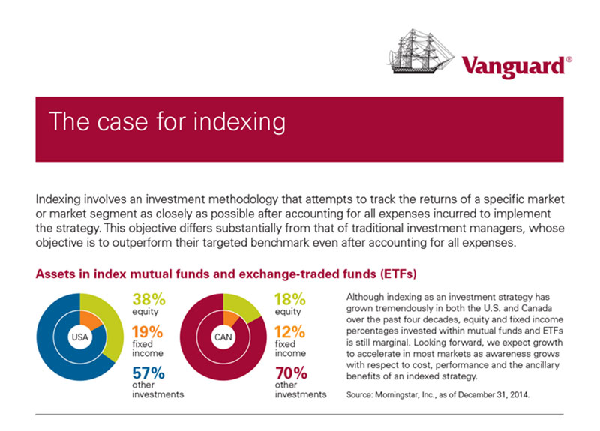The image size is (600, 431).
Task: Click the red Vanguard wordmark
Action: coord(513,67)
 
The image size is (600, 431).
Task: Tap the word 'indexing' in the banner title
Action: coord(239,122)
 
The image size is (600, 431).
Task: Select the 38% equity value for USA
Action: coord(148,299)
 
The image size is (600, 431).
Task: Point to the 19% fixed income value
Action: coord(147,332)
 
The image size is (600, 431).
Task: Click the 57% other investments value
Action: coord(148,373)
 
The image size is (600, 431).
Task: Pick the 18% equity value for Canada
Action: coord(290,299)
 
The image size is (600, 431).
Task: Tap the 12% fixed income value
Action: coord(289,332)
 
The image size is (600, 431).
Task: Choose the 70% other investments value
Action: coord(291,373)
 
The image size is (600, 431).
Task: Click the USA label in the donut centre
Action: coord(80,337)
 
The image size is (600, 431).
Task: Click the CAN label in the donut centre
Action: coord(223,337)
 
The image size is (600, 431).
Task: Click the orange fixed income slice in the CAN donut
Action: coord(229,317)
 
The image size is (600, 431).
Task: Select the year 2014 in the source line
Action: coord(520,395)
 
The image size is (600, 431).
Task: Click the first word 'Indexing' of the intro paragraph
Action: coord(58,199)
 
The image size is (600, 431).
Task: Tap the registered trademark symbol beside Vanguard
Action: coord(569,60)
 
